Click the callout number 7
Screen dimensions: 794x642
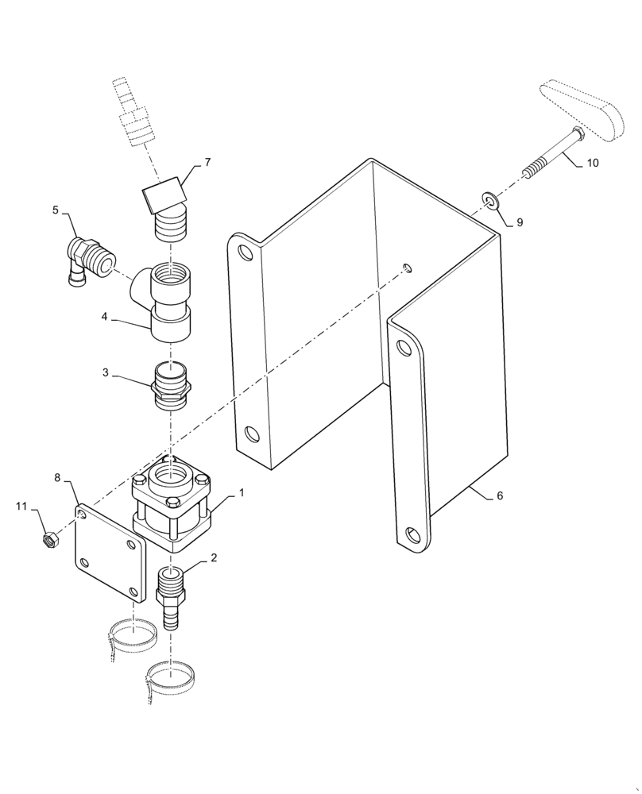[207, 163]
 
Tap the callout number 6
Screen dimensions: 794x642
[500, 495]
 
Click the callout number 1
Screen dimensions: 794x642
[242, 492]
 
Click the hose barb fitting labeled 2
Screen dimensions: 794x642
[172, 597]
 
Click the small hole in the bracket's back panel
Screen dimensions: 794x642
[407, 268]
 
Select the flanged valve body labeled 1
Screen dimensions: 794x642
[172, 504]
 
